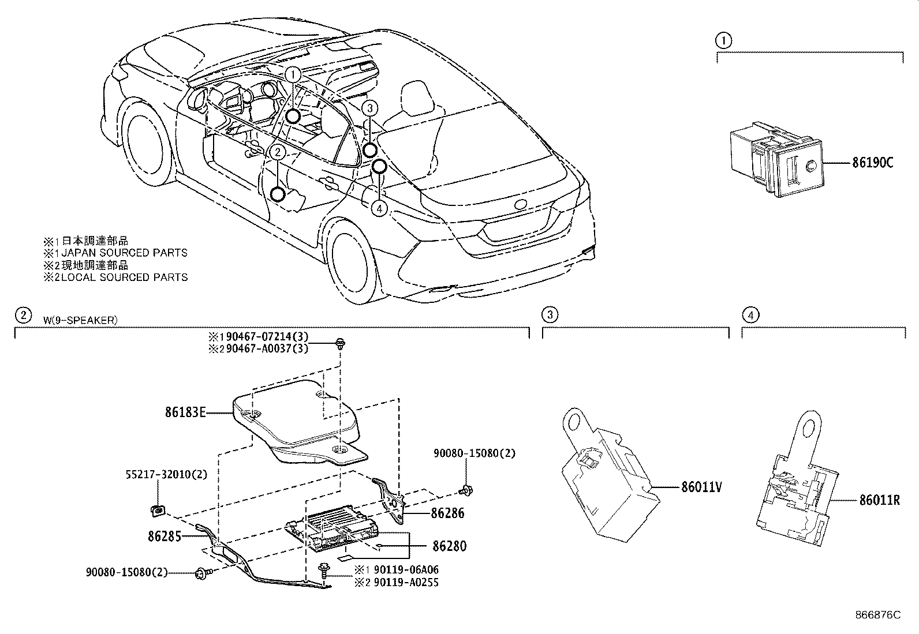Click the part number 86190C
pyautogui.click(x=872, y=163)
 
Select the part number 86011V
pyautogui.click(x=702, y=487)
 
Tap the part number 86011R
pyautogui.click(x=880, y=500)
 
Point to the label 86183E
pyautogui.click(x=185, y=412)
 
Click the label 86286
pyautogui.click(x=447, y=513)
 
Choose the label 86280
pyautogui.click(x=450, y=546)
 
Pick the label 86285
pyautogui.click(x=165, y=536)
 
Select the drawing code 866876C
pyautogui.click(x=877, y=615)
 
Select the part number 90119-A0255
pyautogui.click(x=406, y=583)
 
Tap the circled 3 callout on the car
pyautogui.click(x=370, y=108)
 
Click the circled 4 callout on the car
pyautogui.click(x=379, y=208)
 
